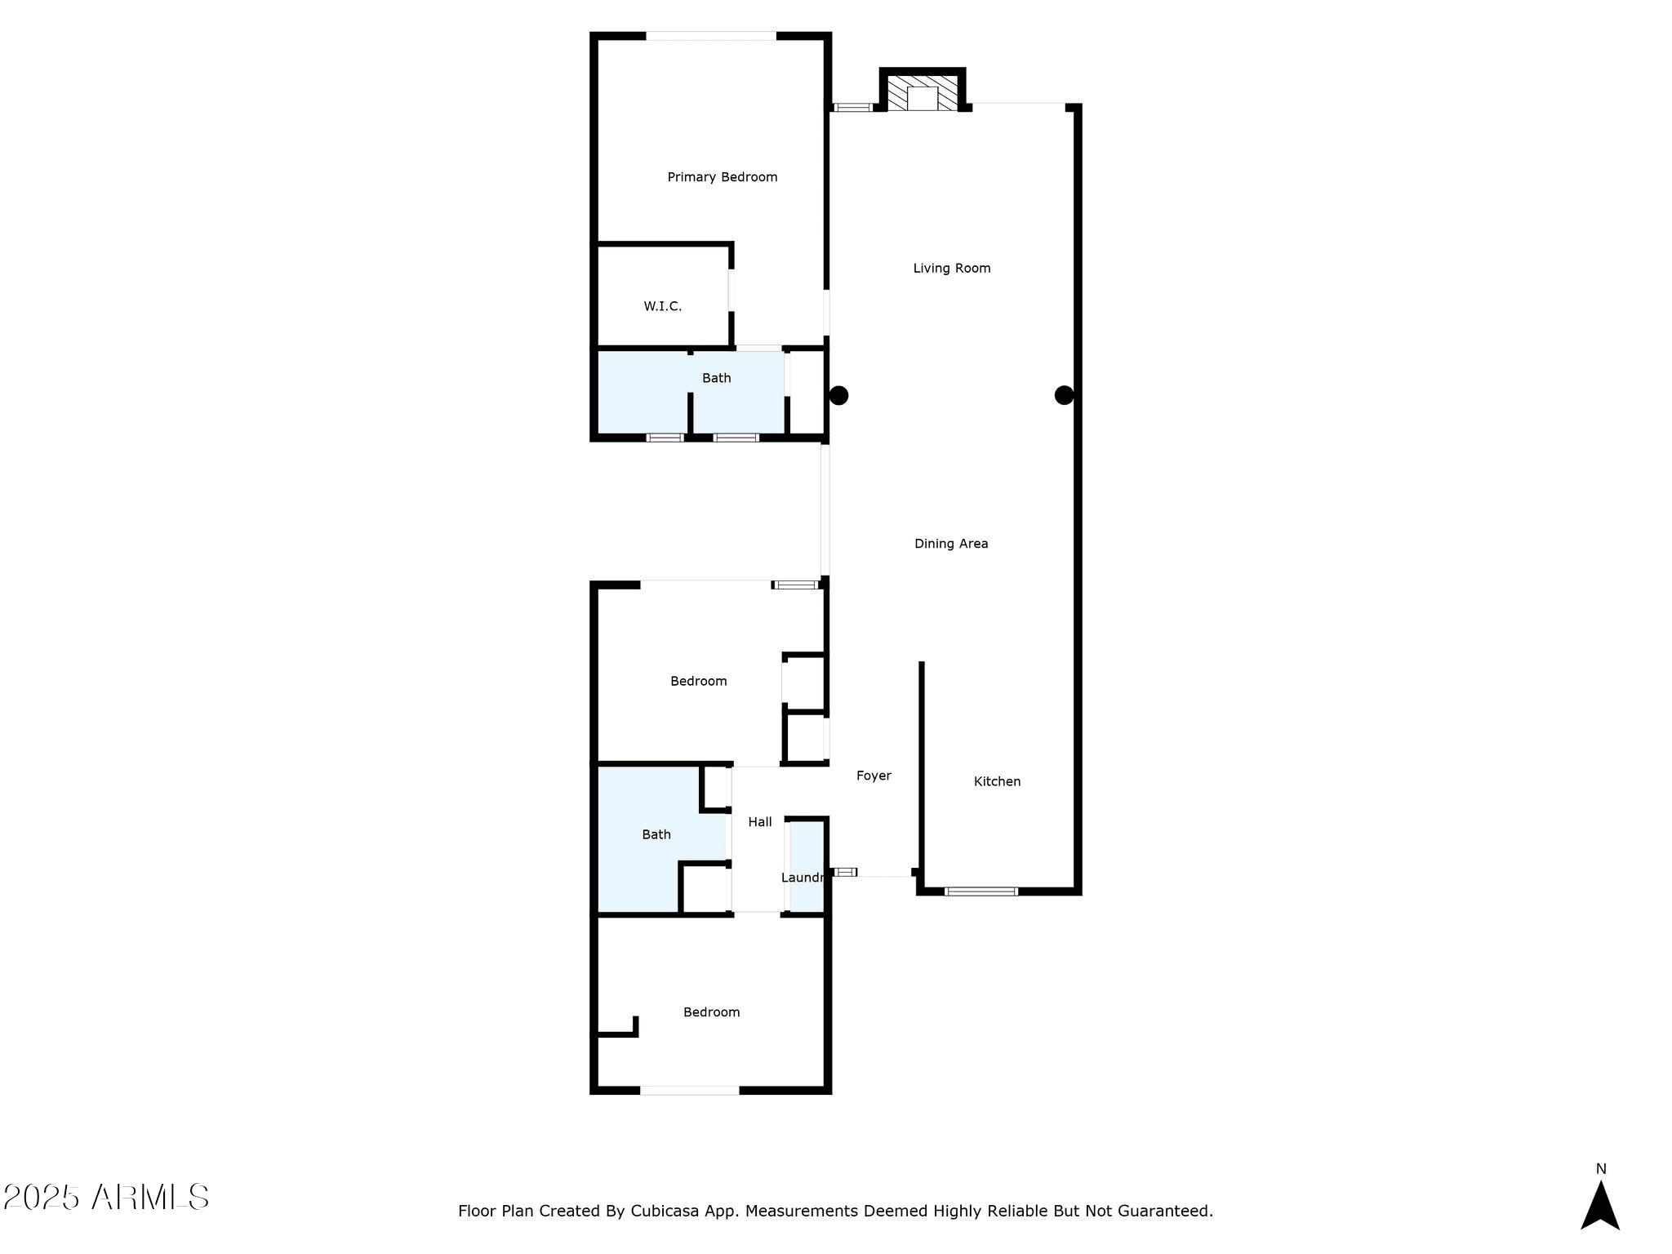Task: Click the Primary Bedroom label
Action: [723, 177]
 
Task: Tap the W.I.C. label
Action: [662, 306]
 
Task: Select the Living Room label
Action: [952, 268]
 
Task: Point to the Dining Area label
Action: [951, 544]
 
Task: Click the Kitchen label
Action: [997, 781]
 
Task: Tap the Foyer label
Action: [874, 776]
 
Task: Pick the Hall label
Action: [760, 822]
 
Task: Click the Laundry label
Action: [802, 878]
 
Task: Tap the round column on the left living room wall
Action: [838, 395]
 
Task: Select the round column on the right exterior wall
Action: [1064, 395]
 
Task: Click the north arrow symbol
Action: [1600, 1205]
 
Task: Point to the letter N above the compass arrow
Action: [1601, 1169]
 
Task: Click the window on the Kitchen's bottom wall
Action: [981, 892]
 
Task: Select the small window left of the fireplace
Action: [852, 107]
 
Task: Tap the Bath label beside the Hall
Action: [656, 834]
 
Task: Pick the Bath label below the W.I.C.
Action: [717, 378]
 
